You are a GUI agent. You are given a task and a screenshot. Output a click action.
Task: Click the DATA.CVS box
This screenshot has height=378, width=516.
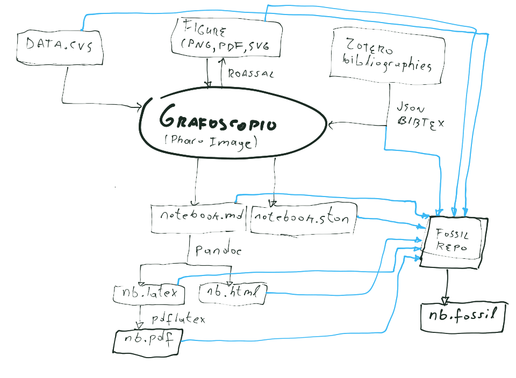tap(59, 47)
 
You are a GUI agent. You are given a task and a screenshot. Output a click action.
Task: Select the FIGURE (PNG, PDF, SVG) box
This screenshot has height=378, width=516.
tap(226, 38)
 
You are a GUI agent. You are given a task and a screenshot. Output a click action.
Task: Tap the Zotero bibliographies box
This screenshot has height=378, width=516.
tap(388, 57)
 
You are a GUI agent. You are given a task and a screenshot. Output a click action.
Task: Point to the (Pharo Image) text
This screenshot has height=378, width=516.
tap(211, 142)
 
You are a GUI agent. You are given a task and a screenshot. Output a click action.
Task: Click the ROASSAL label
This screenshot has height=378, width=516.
tap(250, 74)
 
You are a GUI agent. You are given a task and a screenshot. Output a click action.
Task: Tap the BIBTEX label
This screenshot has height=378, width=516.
tap(421, 122)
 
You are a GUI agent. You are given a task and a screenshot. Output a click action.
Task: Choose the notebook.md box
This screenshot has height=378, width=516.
tap(198, 218)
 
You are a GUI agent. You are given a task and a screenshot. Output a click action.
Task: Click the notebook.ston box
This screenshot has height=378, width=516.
tap(303, 219)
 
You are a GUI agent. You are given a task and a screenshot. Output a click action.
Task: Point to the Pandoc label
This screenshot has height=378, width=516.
tap(218, 250)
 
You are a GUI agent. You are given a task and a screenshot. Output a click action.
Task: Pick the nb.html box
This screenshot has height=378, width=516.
tap(233, 293)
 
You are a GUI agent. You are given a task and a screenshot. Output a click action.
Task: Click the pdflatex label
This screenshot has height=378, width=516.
tap(178, 319)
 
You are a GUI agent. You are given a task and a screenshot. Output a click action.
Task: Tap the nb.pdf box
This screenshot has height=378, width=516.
tap(148, 339)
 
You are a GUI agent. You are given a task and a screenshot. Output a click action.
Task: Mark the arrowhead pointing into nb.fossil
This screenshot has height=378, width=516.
tap(446, 299)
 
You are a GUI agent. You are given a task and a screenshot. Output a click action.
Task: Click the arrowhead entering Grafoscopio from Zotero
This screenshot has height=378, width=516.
tap(332, 125)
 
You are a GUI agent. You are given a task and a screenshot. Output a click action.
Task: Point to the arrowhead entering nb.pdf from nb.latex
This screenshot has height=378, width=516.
tap(140, 325)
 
